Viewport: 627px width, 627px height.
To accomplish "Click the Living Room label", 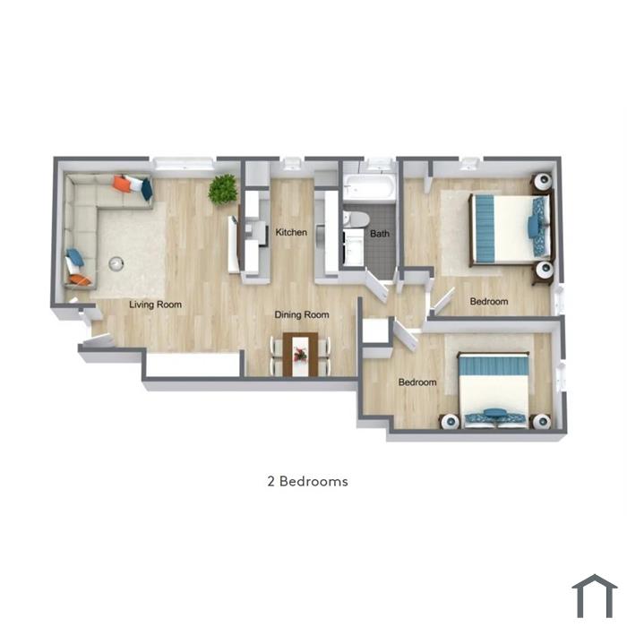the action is click(155, 305).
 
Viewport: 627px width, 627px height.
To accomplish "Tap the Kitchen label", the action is click(291, 232).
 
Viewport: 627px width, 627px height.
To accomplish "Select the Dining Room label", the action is click(302, 314).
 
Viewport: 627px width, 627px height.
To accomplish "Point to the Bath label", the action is click(380, 234).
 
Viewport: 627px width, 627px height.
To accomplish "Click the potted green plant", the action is click(223, 190).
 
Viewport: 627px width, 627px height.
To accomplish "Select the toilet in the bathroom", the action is click(356, 219).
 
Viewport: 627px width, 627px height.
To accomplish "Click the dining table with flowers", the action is click(300, 355).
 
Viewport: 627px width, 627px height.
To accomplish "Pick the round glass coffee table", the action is click(116, 263).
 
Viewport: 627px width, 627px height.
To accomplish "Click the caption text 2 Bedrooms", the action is click(307, 481).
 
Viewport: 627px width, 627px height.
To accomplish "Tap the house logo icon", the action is click(595, 595).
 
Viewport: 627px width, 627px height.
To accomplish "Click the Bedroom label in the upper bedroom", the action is click(489, 302).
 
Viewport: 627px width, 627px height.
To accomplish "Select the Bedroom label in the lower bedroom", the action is click(417, 382).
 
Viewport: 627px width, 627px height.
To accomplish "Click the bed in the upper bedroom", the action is click(511, 228).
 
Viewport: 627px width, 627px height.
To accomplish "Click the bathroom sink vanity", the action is click(354, 247).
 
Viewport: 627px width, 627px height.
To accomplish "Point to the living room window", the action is click(184, 164).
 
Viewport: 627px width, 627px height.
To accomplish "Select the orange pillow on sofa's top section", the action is click(122, 184).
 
